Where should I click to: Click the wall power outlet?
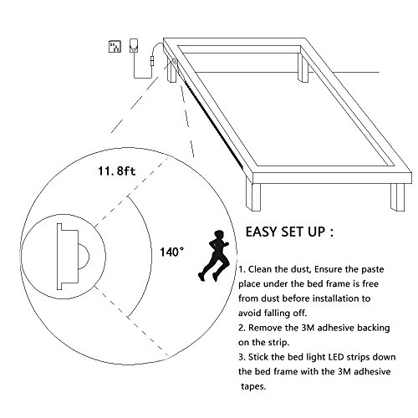point(115,47)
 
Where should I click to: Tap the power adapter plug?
point(134,45)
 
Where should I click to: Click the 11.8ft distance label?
point(117,171)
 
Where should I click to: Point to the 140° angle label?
point(171,252)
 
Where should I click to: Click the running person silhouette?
point(214,256)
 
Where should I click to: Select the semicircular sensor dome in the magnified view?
point(84,256)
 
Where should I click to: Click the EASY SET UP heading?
point(289,232)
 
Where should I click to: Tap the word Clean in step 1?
point(260,269)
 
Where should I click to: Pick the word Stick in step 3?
point(258,357)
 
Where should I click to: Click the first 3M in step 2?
point(308,328)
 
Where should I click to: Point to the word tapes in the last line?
point(253,386)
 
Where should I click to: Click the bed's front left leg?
point(253,197)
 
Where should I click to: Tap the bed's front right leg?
point(398,197)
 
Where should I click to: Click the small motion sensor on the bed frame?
point(175,62)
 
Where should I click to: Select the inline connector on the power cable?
point(152,60)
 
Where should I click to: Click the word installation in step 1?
point(335,298)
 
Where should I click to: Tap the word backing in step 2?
point(374,328)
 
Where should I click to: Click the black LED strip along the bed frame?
point(214,125)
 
